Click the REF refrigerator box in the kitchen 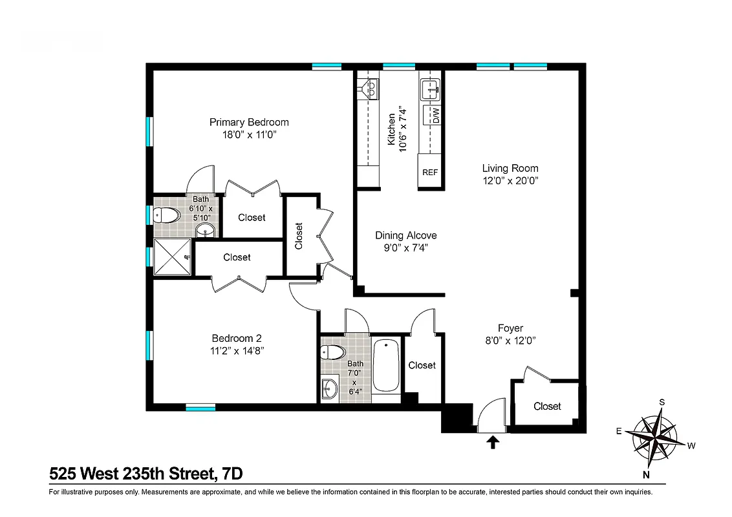tap(430, 172)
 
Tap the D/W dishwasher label tap(435, 116)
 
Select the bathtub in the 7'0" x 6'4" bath tap(386, 366)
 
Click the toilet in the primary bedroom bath tap(168, 215)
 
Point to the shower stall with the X tap(173, 257)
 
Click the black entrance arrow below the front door tap(493, 442)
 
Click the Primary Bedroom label tap(249, 122)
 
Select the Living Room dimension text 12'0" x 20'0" tap(510, 181)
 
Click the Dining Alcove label tap(406, 235)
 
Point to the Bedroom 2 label tap(237, 338)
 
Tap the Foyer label tap(510, 328)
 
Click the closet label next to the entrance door tap(547, 406)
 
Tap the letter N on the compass tap(646, 475)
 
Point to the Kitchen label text tap(391, 129)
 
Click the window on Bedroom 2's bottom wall tap(200, 407)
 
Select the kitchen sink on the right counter tap(430, 90)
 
